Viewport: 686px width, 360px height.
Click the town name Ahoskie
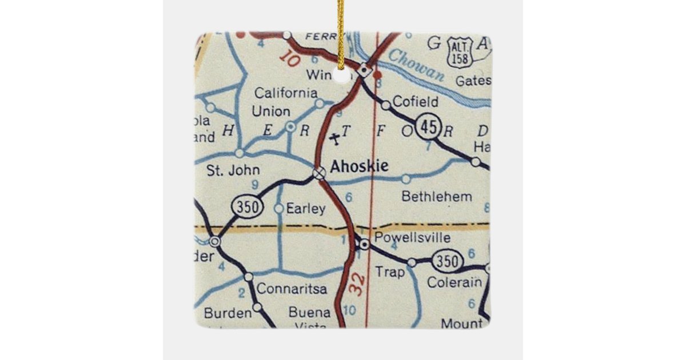tap(360, 166)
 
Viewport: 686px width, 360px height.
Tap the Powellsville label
tap(412, 238)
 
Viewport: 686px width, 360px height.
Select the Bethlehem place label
tap(437, 197)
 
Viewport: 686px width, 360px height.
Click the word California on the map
tap(286, 93)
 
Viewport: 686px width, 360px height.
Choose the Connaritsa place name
tap(292, 289)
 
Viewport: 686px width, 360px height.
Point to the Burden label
tap(228, 313)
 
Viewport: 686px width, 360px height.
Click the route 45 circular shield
tap(428, 127)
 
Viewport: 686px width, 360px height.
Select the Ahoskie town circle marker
tap(319, 173)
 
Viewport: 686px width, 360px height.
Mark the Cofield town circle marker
tap(386, 105)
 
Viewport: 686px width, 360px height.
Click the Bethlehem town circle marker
tap(406, 179)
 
